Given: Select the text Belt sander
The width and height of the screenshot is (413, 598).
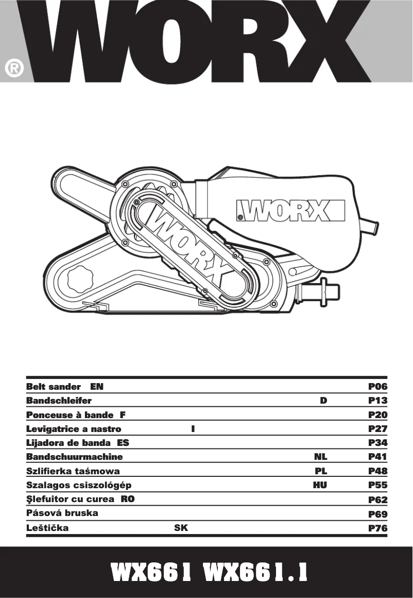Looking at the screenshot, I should pyautogui.click(x=54, y=386).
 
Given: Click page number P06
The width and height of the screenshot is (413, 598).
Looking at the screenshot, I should pyautogui.click(x=377, y=386).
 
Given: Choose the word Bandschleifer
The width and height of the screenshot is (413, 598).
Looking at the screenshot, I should pyautogui.click(x=59, y=401).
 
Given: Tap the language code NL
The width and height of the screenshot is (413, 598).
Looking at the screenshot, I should pyautogui.click(x=321, y=457).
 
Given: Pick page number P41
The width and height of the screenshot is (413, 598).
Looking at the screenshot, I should pyautogui.click(x=377, y=457).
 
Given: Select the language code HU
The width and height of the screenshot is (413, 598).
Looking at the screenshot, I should pyautogui.click(x=320, y=485).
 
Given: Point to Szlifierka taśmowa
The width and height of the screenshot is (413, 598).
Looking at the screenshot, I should pyautogui.click(x=73, y=471).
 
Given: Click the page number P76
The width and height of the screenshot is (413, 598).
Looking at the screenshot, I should pyautogui.click(x=377, y=528).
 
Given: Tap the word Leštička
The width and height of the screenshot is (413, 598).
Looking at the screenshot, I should pyautogui.click(x=47, y=528).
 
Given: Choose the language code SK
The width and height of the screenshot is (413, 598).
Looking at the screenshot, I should pyautogui.click(x=181, y=528).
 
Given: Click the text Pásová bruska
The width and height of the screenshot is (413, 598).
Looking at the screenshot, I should pyautogui.click(x=62, y=513).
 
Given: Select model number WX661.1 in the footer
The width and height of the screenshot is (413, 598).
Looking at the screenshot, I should pyautogui.click(x=255, y=572).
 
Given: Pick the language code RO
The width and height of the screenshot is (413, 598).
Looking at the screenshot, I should pyautogui.click(x=128, y=499).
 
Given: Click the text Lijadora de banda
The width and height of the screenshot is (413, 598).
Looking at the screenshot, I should pyautogui.click(x=69, y=443).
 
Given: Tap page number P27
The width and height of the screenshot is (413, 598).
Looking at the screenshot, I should pyautogui.click(x=377, y=429).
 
